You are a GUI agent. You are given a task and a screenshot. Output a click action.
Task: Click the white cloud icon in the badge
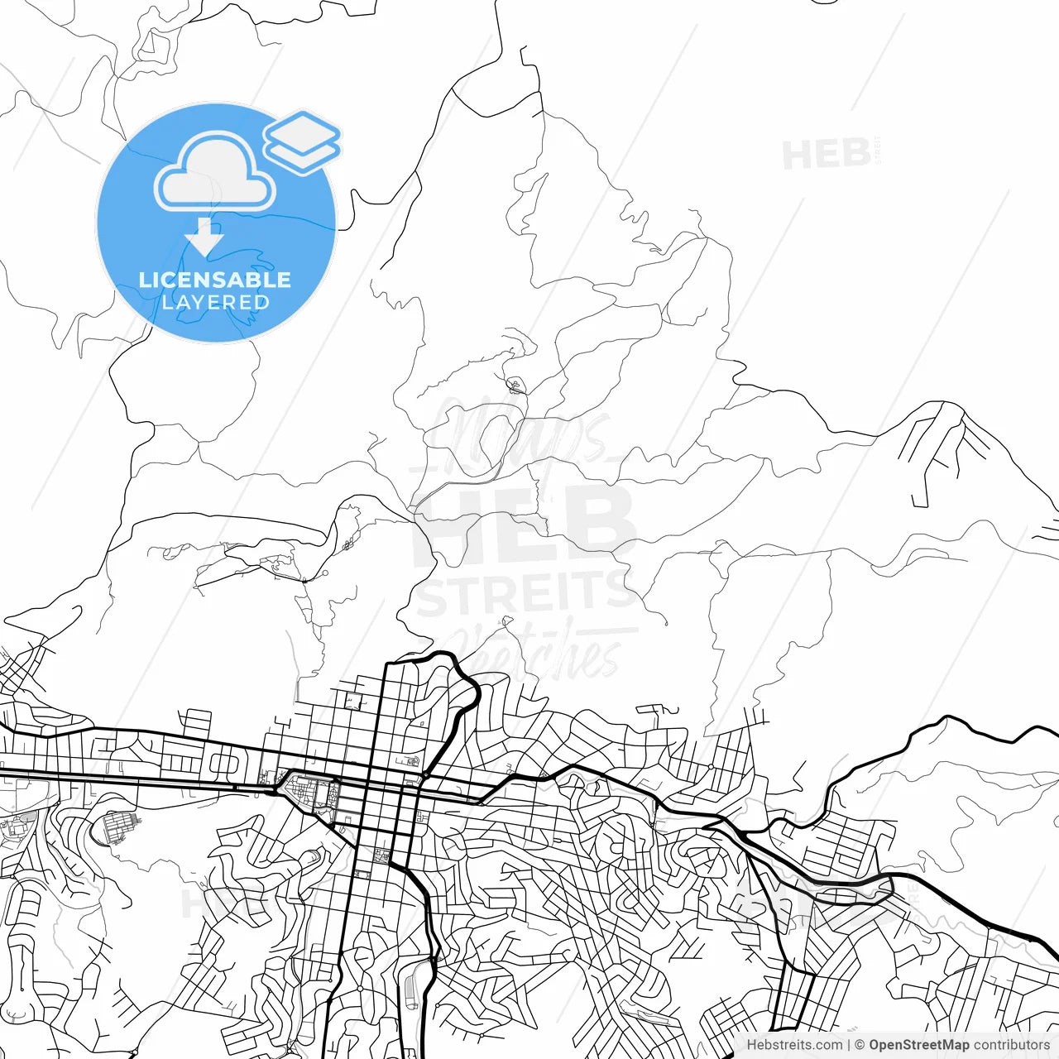click(x=215, y=172)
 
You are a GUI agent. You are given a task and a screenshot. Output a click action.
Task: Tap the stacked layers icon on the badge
click(x=302, y=141)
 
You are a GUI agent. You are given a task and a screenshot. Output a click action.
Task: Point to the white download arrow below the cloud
click(x=204, y=237)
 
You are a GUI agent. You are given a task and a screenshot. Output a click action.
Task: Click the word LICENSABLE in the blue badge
click(x=215, y=280)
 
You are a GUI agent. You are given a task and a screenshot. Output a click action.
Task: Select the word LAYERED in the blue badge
click(x=215, y=302)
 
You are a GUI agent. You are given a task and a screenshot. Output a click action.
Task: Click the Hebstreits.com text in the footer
click(x=794, y=1045)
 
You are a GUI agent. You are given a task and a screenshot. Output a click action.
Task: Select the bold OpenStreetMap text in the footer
click(x=918, y=1045)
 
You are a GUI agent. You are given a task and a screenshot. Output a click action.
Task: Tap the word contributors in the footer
click(x=1011, y=1045)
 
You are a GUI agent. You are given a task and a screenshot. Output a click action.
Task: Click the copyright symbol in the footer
click(x=860, y=1045)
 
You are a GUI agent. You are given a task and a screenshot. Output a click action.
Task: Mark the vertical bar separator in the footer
click(x=849, y=1045)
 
